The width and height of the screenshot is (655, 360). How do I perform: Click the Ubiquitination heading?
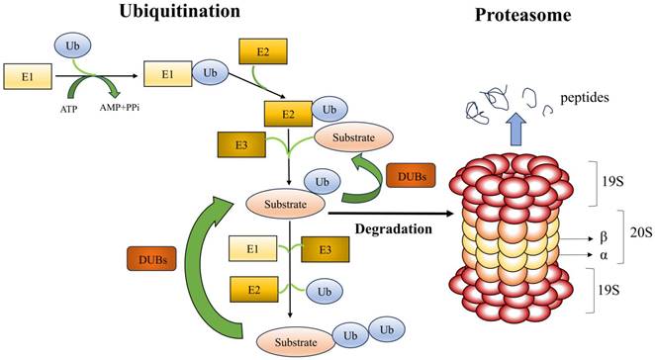click(x=180, y=11)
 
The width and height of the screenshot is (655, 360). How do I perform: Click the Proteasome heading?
click(x=523, y=15)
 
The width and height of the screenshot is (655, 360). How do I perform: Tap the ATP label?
click(x=69, y=110)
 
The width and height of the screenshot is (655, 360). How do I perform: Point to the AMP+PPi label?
click(x=120, y=108)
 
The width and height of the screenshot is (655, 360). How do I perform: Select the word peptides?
click(x=585, y=98)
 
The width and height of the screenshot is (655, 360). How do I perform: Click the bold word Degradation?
click(x=393, y=228)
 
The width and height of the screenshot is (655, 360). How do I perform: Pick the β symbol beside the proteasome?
click(x=604, y=237)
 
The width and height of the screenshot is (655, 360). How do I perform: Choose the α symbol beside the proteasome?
click(x=604, y=255)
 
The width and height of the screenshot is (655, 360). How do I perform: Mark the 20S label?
click(x=641, y=232)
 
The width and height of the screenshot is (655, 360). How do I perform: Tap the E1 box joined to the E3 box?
click(x=252, y=249)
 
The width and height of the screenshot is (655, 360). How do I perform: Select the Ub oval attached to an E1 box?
click(x=210, y=73)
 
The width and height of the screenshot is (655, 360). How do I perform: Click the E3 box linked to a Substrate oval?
click(x=241, y=144)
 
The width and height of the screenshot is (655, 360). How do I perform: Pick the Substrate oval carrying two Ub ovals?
click(x=296, y=342)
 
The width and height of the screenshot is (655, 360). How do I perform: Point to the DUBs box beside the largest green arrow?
click(x=151, y=258)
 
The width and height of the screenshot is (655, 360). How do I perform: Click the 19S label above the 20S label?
click(x=612, y=182)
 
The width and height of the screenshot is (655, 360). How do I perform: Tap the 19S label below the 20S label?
click(x=608, y=290)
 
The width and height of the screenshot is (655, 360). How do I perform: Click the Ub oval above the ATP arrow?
click(x=72, y=45)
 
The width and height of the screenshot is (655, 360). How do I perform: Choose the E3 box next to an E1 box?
click(x=325, y=249)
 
